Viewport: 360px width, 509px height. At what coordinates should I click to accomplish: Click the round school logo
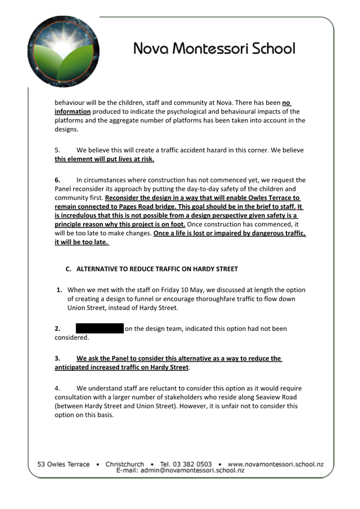tap(63, 51)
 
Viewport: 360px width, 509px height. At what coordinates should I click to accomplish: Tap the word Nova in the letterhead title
tap(150, 49)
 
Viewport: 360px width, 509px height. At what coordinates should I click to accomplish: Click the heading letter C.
tap(68, 269)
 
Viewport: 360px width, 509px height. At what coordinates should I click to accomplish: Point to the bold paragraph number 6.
tap(57, 180)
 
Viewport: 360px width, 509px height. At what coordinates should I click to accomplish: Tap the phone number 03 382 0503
tap(186, 464)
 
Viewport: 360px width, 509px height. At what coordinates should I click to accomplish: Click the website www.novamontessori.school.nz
tap(275, 464)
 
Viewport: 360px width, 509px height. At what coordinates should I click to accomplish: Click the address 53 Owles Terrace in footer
tap(63, 464)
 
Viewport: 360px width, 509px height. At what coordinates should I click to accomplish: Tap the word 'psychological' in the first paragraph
tap(184, 111)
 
